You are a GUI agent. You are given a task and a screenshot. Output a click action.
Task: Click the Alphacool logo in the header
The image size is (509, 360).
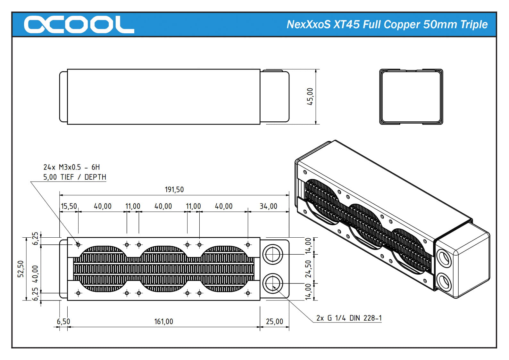pos(79,24)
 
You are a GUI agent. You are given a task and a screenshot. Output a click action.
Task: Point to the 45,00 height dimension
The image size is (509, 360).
pos(310,96)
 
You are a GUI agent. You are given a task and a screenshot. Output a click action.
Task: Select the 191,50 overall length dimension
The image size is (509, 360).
pos(174,190)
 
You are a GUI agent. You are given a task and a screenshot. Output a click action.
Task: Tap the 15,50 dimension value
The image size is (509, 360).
pos(69,206)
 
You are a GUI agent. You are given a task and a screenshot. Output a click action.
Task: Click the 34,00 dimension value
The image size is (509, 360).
pos(268,206)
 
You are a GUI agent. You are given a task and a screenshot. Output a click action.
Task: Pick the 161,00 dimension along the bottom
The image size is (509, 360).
pos(163,321)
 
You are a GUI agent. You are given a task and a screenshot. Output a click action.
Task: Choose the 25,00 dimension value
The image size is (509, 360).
pos(274,321)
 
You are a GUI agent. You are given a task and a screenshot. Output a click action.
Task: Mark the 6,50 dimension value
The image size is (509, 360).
pos(63,321)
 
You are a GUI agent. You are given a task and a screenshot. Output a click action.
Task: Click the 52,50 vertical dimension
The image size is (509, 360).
pos(21,269)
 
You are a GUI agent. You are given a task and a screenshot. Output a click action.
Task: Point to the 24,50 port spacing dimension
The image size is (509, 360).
pos(308,269)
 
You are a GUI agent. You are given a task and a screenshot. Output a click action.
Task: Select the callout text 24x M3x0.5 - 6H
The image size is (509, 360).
pos(71,167)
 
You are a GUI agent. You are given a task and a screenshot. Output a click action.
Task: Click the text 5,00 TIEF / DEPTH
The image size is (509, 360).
pos(75,177)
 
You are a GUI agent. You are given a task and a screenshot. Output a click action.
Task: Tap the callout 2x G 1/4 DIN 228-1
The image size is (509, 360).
pos(349,318)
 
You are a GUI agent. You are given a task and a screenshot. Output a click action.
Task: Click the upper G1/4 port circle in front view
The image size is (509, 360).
pos(272,255)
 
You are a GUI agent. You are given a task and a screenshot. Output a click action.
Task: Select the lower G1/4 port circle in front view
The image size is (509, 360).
pos(272,283)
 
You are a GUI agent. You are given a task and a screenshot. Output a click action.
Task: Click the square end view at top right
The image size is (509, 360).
pos(411,97)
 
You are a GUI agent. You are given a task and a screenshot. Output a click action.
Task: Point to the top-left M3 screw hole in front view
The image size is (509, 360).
pos(78,245)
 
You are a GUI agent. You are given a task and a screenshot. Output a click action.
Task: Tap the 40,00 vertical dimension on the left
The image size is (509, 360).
pos(35,274)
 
